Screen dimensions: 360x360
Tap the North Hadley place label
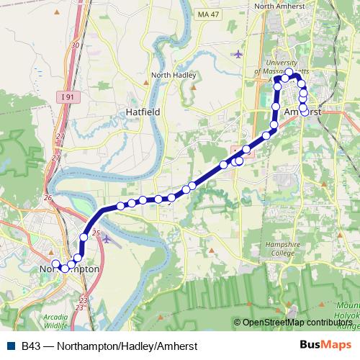(170, 74)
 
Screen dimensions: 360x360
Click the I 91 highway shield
(67, 96)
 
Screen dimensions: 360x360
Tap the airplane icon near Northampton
(107, 238)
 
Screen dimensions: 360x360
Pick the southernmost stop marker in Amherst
(305, 112)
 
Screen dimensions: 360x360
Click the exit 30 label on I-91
(76, 45)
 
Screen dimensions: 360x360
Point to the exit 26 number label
(48, 197)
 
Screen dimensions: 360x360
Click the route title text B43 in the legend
(30, 345)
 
